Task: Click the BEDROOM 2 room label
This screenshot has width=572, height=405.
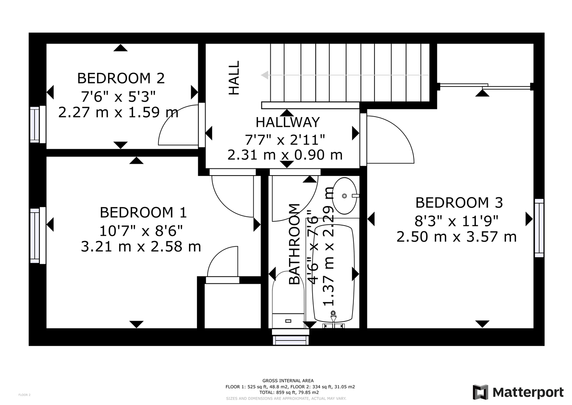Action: [121, 78]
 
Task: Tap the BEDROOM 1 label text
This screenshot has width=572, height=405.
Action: [143, 212]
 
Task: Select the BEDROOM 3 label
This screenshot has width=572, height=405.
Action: [459, 203]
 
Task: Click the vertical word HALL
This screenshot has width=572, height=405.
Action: [234, 78]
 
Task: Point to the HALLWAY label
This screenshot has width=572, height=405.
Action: [287, 123]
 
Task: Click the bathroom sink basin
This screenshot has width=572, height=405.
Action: [344, 196]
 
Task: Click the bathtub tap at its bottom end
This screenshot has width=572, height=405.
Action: [333, 316]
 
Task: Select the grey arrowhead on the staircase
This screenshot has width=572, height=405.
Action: [265, 75]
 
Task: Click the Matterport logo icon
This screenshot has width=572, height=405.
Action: [480, 392]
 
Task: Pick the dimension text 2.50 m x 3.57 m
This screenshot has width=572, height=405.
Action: [456, 237]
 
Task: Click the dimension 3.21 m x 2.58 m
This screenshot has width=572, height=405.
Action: [141, 246]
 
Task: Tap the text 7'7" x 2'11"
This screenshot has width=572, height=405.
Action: [285, 139]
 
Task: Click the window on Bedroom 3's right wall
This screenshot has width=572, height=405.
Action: [539, 228]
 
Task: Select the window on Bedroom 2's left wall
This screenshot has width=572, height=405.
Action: [35, 125]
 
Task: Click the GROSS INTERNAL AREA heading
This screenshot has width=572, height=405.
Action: [288, 381]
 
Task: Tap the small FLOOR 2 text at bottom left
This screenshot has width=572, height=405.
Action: [25, 395]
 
